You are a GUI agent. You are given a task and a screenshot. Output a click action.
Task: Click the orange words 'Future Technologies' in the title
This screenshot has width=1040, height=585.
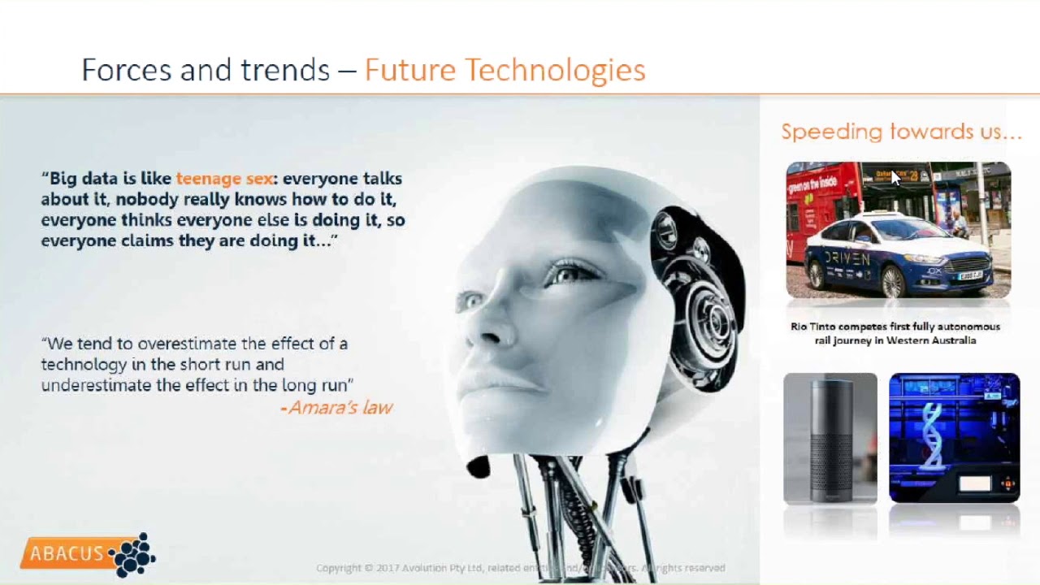(x=505, y=71)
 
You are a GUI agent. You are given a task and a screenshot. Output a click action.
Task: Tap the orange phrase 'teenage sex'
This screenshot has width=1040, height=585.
(x=224, y=179)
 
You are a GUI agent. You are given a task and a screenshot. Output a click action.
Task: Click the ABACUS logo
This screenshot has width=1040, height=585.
(x=88, y=555)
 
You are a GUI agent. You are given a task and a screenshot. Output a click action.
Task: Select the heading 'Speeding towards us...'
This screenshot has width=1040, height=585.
(x=901, y=132)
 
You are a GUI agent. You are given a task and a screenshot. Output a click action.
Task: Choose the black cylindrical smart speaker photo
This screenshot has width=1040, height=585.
(x=830, y=438)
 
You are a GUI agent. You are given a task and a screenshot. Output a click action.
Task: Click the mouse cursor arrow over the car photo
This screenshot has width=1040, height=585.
(x=895, y=177)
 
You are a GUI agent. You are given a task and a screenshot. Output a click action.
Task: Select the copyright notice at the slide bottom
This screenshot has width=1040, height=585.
(x=520, y=568)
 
